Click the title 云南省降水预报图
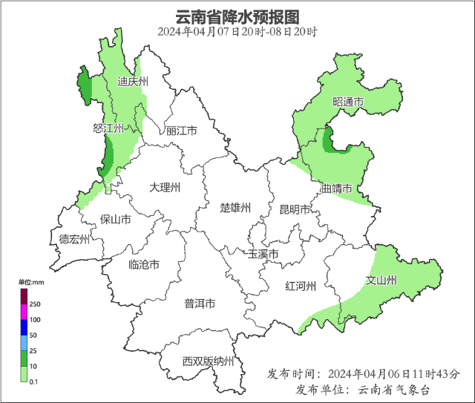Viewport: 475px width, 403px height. coord(237,16)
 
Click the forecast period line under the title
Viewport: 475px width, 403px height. coord(237,32)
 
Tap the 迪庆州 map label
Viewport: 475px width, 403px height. coord(133,82)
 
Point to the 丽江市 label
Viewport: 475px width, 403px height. coord(181,131)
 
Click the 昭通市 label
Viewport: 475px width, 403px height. coord(348,102)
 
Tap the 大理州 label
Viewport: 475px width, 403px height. coord(164,188)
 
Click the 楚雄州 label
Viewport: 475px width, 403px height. coord(236,207)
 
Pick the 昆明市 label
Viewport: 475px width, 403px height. coord(295,209)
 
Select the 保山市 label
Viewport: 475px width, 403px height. coord(116,220)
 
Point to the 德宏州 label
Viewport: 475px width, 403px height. coord(74,239)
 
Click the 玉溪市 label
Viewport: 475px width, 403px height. coord(263,255)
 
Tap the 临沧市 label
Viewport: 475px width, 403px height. coord(143,265)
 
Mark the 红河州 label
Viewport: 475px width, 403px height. coord(301,286)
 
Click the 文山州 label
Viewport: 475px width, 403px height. coord(381,281)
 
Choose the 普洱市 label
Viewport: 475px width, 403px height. coord(200,304)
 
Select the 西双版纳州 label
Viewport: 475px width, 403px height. coord(209,362)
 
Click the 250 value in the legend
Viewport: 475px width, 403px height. coord(35,305)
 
